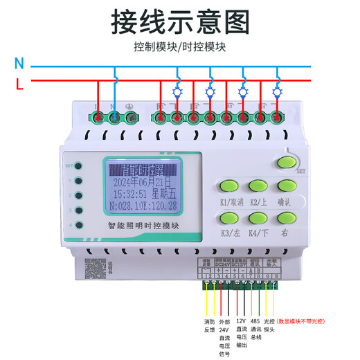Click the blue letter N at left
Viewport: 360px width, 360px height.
pyautogui.click(x=19, y=64)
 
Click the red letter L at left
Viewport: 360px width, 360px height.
pyautogui.click(x=19, y=84)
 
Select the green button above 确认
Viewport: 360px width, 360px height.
pyautogui.click(x=287, y=186)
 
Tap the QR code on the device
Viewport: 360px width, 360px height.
pyautogui.click(x=94, y=267)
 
